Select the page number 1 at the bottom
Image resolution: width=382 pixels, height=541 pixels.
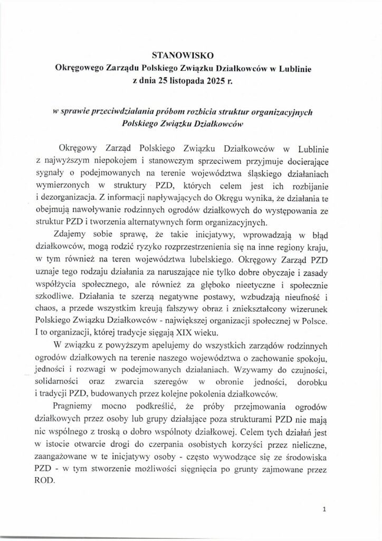coord(325,510)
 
